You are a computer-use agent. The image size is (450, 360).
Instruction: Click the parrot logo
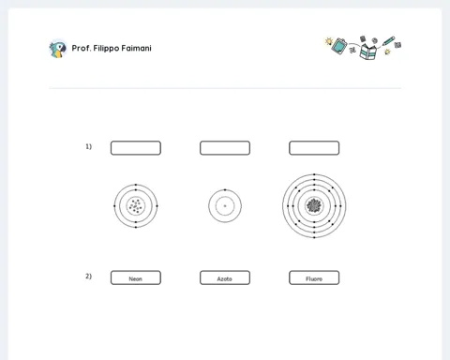58,49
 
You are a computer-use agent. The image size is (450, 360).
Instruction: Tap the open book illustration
368,52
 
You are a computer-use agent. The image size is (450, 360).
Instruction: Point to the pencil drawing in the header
388,41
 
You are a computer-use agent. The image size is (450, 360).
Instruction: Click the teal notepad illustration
339,46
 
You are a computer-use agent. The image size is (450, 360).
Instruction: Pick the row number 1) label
89,146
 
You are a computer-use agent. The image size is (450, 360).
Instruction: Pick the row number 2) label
89,277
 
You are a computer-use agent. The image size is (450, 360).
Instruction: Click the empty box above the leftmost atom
136,148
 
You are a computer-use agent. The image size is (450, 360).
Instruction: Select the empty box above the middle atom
225,148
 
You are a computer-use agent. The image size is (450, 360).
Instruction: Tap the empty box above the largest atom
314,148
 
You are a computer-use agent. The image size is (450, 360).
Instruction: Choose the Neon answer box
136,277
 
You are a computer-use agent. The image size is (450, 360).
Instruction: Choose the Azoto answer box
225,277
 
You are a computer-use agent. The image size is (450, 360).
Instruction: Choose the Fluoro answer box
314,277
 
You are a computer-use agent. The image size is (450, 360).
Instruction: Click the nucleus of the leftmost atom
136,206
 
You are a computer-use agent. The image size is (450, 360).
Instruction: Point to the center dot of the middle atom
225,206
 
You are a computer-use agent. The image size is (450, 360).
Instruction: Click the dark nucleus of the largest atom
314,205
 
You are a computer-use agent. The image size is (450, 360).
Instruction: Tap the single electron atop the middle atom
225,189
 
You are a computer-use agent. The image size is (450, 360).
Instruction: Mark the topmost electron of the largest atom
314,174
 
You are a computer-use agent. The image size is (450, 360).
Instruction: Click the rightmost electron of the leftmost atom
157,206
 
